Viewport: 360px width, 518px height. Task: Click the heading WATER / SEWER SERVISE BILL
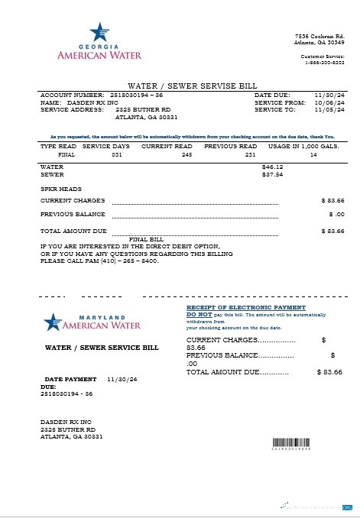pyautogui.click(x=180, y=86)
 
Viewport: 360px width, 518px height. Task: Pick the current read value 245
pyautogui.click(x=186, y=154)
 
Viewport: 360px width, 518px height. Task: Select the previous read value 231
pyautogui.click(x=250, y=154)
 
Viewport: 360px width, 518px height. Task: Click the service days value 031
pyautogui.click(x=116, y=154)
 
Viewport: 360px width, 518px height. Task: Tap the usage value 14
pyautogui.click(x=313, y=154)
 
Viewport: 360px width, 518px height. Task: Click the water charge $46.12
pyautogui.click(x=272, y=166)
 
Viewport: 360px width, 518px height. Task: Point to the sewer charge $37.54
pyautogui.click(x=272, y=174)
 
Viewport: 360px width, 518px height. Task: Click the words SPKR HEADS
pyautogui.click(x=60, y=188)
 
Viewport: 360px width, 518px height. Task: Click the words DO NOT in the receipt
pyautogui.click(x=199, y=314)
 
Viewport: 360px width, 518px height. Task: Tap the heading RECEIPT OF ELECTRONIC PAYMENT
pyautogui.click(x=240, y=307)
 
